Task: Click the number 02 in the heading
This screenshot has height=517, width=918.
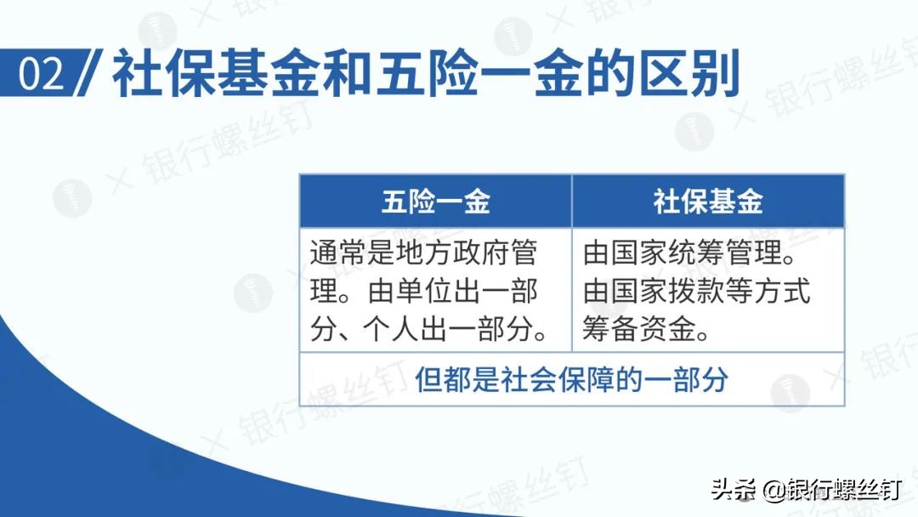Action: tap(42, 76)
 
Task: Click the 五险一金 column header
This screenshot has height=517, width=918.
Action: tap(435, 202)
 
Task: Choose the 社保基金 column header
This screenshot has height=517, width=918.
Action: tap(708, 202)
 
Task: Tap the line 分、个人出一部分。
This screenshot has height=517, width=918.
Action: tap(429, 329)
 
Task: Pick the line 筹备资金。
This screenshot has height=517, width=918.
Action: tap(646, 329)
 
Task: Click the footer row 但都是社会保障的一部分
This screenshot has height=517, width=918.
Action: tap(571, 379)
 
